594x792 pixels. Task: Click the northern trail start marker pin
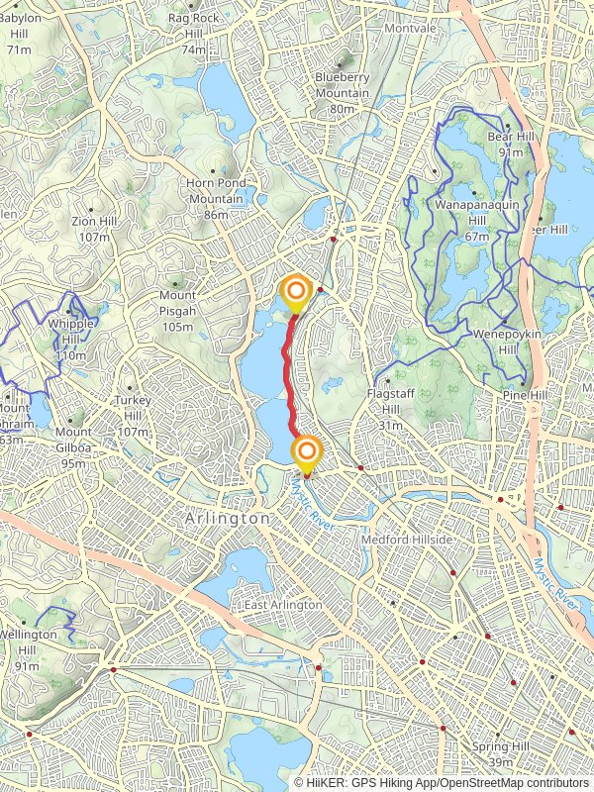[296, 292]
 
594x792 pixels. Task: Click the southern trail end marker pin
[307, 453]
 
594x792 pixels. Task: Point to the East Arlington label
[284, 604]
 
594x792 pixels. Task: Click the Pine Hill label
[525, 395]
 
